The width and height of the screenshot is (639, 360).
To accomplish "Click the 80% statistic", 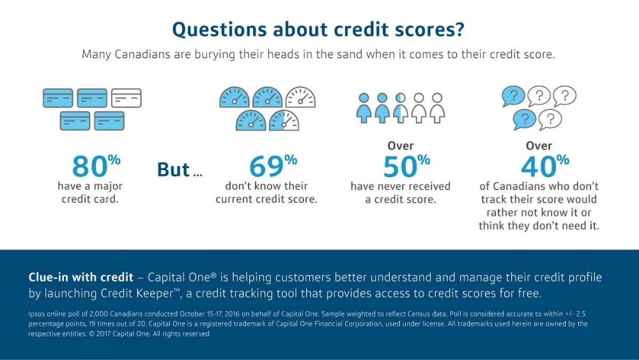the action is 96,166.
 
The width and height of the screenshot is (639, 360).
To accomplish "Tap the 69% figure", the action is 273,166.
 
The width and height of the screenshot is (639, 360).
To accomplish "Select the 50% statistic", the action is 406,166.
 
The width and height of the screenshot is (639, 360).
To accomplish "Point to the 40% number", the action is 545,166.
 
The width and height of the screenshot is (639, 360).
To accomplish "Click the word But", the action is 173,169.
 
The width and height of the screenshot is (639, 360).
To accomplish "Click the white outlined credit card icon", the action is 127,98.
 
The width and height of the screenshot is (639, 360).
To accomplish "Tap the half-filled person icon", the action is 400,107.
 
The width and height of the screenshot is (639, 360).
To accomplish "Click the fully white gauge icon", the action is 300,97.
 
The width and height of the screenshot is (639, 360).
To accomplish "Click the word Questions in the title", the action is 219,30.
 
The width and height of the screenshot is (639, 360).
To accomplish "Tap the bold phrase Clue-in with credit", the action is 81,278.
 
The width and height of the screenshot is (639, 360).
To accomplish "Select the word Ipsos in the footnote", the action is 36,315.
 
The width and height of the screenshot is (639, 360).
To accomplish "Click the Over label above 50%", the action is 400,146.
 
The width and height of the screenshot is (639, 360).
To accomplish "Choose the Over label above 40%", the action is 539,146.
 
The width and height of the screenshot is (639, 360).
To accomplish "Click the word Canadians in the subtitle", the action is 142,54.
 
